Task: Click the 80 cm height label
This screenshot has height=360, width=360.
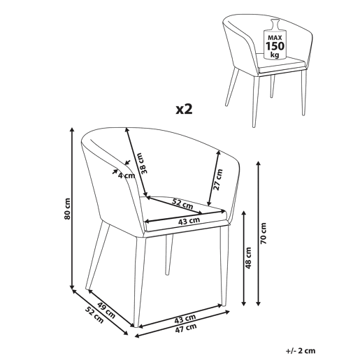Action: point(67,208)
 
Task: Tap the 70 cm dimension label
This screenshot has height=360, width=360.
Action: point(264,233)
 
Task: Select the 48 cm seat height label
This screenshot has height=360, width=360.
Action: point(248,258)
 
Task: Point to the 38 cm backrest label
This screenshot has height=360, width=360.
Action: point(145,163)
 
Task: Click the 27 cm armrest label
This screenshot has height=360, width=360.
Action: point(218,180)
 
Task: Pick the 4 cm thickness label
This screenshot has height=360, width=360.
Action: point(127,175)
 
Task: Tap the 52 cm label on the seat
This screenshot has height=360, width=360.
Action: point(182,204)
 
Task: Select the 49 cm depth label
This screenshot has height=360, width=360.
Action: point(106,310)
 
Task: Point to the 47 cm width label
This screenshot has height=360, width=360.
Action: point(185,328)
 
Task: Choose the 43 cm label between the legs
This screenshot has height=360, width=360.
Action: point(185,319)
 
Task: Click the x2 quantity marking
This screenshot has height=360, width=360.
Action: point(184,109)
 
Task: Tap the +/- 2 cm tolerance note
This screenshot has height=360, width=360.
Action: point(301,350)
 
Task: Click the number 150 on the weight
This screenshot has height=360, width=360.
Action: point(275,46)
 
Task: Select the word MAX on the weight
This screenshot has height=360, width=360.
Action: point(275,38)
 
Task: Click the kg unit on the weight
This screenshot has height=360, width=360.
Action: point(275,55)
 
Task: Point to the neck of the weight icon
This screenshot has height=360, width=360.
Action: point(275,25)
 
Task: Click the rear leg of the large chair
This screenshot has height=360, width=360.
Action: point(168,254)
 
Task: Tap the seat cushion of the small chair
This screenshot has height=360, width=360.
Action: point(280,63)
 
